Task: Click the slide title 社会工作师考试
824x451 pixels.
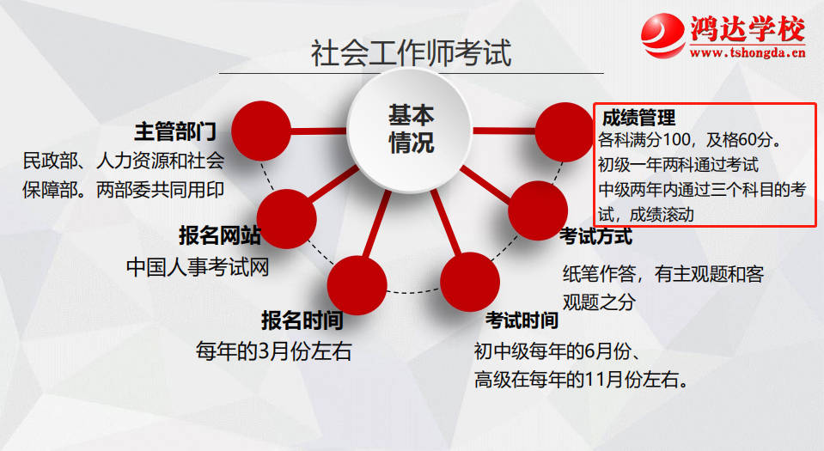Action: [411, 53]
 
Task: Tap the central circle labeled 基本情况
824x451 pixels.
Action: [410, 131]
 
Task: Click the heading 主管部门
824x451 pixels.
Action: [175, 131]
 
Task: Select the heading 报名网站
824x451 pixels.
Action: [220, 235]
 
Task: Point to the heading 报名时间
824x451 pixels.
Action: [302, 320]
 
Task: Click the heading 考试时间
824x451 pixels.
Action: [522, 320]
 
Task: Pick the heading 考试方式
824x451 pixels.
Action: [595, 236]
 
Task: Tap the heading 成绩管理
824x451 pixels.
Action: [638, 118]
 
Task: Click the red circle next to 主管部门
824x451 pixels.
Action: [261, 131]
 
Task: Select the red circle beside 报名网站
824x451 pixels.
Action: [286, 219]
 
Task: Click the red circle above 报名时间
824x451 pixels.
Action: [357, 285]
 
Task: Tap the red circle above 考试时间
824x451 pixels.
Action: [470, 282]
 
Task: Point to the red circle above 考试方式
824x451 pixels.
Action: [538, 210]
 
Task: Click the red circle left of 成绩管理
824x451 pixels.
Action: [565, 132]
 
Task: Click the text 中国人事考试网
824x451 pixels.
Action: [198, 267]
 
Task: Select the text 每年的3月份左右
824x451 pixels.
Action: [274, 351]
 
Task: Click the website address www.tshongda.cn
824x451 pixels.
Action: [748, 52]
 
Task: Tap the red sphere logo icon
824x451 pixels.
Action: [663, 34]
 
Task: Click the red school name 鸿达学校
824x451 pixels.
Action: [748, 29]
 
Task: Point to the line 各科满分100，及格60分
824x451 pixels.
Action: [690, 140]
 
